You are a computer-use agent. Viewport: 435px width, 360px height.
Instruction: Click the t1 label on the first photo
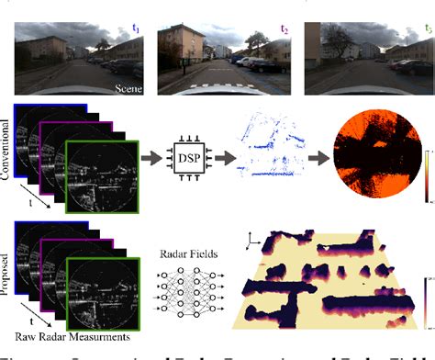[x=135, y=29]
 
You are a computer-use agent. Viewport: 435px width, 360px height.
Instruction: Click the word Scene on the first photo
[x=128, y=89]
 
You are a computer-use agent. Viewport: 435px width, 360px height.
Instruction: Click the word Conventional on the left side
[x=9, y=152]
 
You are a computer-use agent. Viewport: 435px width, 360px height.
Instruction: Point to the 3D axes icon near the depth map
[x=254, y=241]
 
